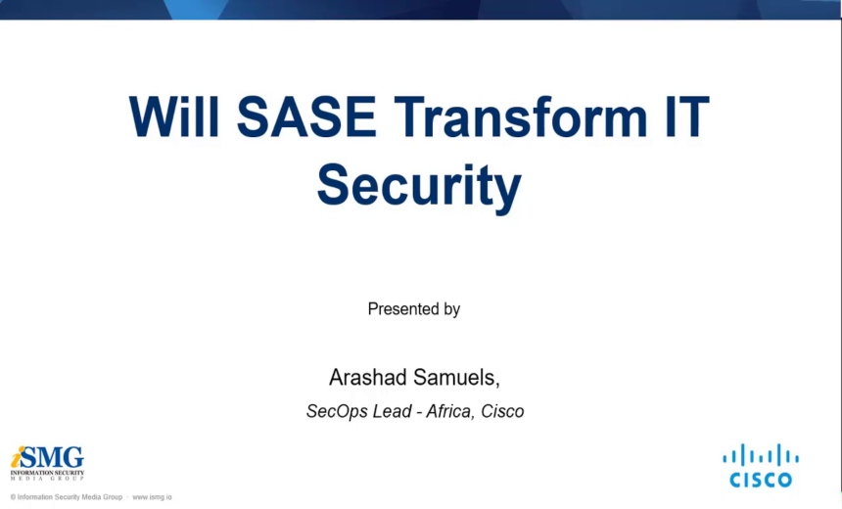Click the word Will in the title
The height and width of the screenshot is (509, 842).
(x=174, y=116)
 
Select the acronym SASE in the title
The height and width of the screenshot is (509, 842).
(x=306, y=116)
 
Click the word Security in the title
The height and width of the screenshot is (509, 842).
(x=419, y=186)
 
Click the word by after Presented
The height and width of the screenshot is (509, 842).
(x=451, y=309)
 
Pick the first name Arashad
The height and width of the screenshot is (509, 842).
(x=368, y=378)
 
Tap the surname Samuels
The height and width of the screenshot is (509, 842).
(x=455, y=378)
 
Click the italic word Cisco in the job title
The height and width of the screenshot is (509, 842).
(x=502, y=411)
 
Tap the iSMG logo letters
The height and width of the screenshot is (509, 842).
(x=47, y=457)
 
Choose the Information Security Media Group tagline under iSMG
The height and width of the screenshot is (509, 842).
(x=47, y=475)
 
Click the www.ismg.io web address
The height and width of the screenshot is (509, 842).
(x=152, y=497)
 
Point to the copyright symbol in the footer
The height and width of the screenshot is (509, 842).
(x=13, y=497)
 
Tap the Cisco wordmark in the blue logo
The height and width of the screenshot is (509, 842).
(x=761, y=480)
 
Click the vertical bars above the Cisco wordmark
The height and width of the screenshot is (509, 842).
(x=761, y=455)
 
